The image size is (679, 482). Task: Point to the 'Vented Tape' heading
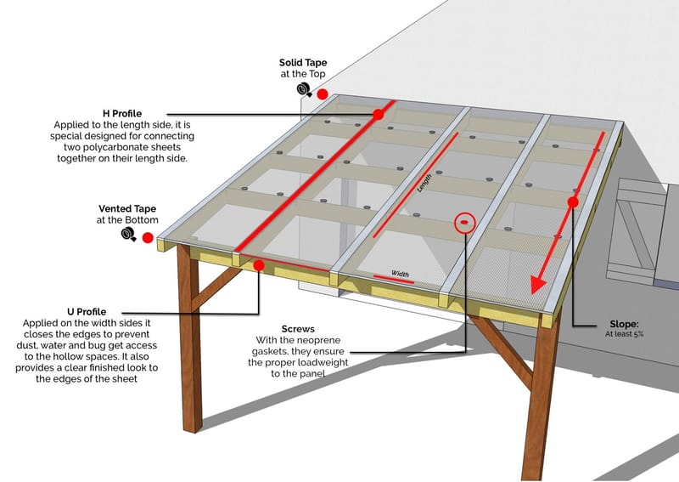(125, 208)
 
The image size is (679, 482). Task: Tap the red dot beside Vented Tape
(147, 238)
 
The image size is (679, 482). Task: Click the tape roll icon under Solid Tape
(302, 88)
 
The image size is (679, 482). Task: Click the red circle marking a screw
(463, 224)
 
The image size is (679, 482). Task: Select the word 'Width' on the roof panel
(400, 274)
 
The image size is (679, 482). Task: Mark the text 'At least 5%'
(625, 335)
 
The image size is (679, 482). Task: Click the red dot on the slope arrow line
(573, 202)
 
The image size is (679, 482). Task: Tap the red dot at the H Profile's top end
(379, 114)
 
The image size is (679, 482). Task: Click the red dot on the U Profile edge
(259, 265)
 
